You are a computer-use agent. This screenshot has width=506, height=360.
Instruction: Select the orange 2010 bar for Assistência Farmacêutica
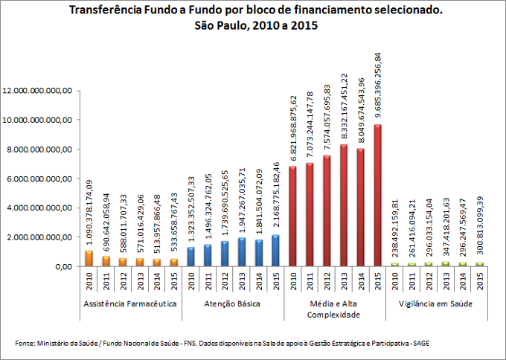89,258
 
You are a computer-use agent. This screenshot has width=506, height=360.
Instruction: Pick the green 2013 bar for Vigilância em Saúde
444,264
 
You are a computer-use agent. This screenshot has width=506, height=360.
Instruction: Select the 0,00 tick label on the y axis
61,266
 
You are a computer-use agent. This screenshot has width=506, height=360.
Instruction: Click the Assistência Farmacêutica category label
132,305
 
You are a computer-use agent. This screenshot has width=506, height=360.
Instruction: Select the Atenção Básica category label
233,305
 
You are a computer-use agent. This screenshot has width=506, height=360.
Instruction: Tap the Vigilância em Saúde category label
435,305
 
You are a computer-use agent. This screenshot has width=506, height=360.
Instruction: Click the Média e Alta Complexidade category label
334,309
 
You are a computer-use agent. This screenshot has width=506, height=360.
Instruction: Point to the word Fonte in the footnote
25,343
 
